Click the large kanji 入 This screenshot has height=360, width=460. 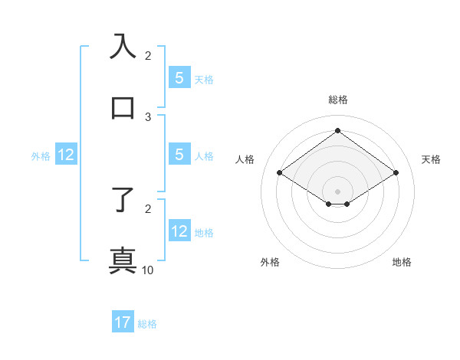tap(123, 45)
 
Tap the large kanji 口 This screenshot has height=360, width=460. tap(123, 107)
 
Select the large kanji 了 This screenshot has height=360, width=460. tap(123, 198)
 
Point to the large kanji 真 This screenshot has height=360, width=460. tap(123, 260)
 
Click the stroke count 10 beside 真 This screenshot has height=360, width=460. tap(148, 270)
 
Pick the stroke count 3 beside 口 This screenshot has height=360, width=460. tap(148, 117)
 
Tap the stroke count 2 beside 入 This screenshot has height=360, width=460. tap(148, 55)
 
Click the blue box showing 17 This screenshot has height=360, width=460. tap(123, 323)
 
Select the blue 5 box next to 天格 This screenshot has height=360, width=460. tap(179, 77)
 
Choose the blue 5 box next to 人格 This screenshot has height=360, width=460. tap(179, 155)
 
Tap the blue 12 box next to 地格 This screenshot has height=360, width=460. tap(179, 231)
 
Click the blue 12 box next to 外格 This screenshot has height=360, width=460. tap(66, 155)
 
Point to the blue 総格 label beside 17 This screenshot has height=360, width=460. tap(147, 324)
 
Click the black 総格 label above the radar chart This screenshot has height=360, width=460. tap(338, 100)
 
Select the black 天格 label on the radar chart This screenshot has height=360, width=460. tap(432, 159)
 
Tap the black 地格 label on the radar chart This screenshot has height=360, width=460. tap(402, 262)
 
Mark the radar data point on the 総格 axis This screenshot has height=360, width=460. tap(338, 130)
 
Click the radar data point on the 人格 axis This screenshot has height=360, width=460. tap(280, 173)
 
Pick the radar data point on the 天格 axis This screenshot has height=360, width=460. tap(396, 173)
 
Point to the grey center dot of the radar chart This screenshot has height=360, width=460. tap(338, 191)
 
